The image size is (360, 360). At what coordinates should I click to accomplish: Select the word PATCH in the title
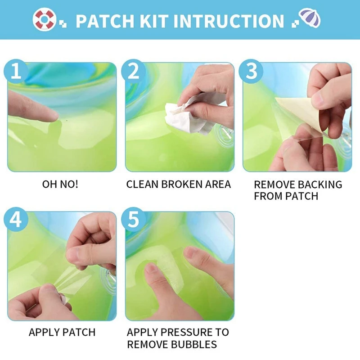(x=105, y=21)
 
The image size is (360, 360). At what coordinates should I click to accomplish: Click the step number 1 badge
(x=16, y=71)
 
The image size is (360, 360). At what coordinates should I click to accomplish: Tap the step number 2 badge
(x=133, y=71)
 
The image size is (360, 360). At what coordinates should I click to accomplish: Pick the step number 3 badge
(x=251, y=71)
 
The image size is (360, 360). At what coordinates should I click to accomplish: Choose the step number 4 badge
(x=16, y=219)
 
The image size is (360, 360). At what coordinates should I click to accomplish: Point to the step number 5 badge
(x=133, y=219)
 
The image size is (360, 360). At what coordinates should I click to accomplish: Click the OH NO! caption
(x=60, y=184)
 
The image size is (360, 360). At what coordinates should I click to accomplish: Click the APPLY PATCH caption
(x=62, y=333)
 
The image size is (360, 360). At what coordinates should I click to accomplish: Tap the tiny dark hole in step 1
(x=67, y=120)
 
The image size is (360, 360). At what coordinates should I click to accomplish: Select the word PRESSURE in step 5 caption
(x=186, y=332)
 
